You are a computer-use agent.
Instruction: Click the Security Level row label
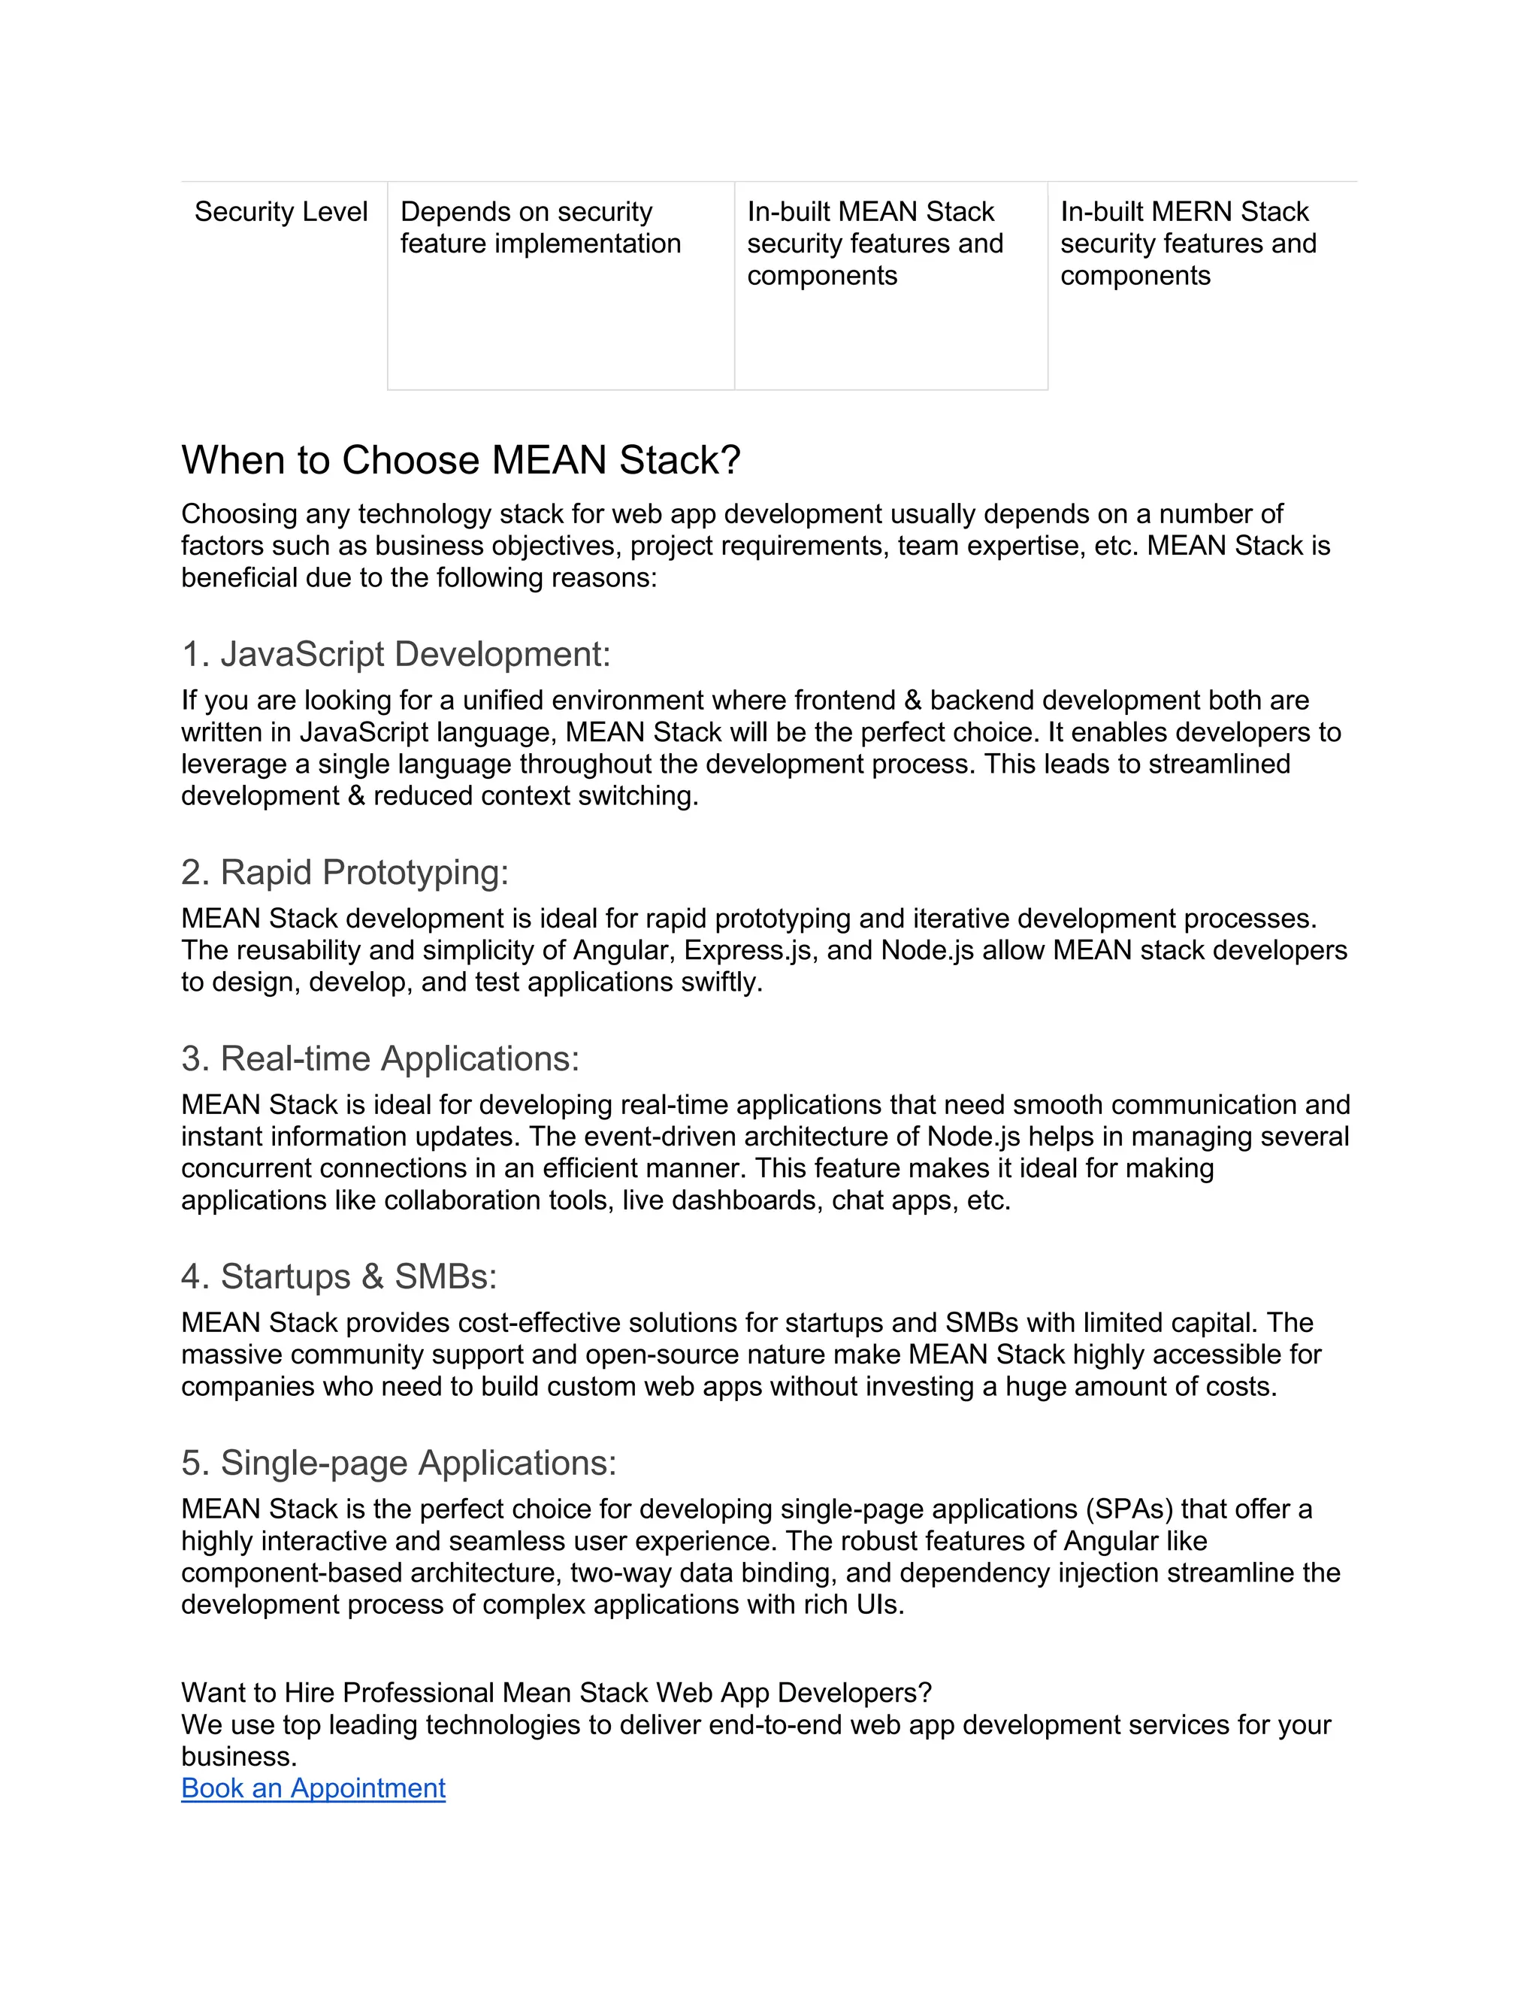pos(281,212)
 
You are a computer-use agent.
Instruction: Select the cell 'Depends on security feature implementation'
pos(540,228)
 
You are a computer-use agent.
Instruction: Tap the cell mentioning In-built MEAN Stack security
pos(875,244)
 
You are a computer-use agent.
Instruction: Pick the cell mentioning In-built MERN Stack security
pos(1187,244)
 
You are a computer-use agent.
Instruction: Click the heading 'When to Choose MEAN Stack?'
pos(461,461)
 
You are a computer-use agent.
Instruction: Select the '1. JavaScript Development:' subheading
pos(396,654)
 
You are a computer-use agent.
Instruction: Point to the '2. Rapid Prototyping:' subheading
pos(345,872)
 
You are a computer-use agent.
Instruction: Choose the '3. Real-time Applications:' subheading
pos(380,1058)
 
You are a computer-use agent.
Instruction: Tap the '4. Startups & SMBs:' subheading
pos(339,1276)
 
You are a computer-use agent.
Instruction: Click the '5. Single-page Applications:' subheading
pos(398,1462)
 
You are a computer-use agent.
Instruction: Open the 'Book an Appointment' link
pos(313,1788)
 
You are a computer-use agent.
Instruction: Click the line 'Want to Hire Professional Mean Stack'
pos(556,1693)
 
